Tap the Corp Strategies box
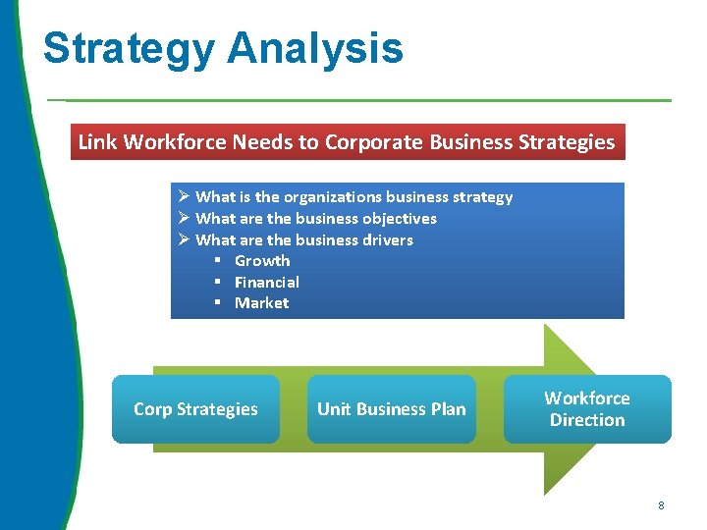(x=195, y=409)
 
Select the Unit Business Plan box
(x=391, y=409)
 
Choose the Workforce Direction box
(x=587, y=409)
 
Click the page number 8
(x=661, y=505)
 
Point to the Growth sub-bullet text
(x=262, y=261)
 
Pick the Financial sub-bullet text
(x=266, y=282)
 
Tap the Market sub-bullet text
(x=261, y=303)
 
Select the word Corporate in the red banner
(x=369, y=142)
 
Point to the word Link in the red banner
(x=96, y=142)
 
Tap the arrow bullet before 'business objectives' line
(x=184, y=219)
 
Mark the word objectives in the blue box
(x=399, y=219)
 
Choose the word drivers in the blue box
(x=387, y=239)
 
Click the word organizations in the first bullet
(x=318, y=197)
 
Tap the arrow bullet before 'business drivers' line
(x=184, y=239)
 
